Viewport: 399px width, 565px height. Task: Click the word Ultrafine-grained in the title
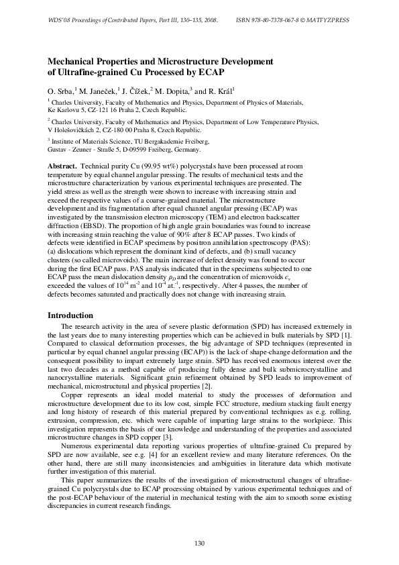tap(92, 70)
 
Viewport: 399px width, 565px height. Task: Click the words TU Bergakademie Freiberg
tap(173, 142)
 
